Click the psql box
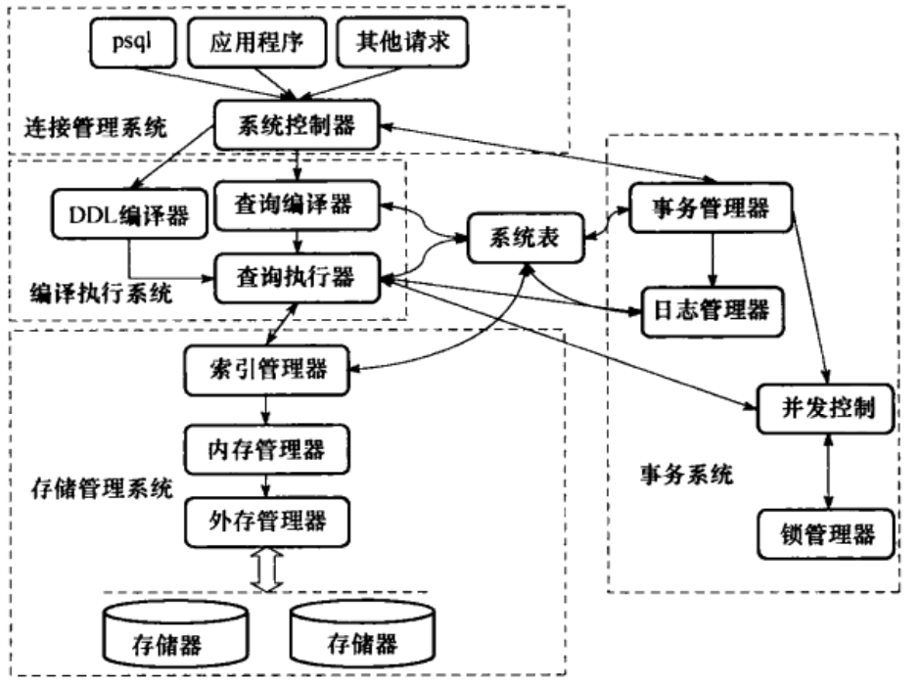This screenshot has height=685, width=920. click(x=132, y=43)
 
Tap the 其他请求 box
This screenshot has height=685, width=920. click(x=401, y=43)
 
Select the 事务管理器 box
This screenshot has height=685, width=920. click(x=711, y=206)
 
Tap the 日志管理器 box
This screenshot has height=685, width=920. click(x=711, y=310)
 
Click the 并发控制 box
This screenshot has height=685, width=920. click(x=828, y=406)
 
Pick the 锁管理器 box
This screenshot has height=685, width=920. click(x=828, y=534)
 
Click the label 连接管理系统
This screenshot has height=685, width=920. click(x=91, y=127)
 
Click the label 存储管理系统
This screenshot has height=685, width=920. click(x=89, y=485)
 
